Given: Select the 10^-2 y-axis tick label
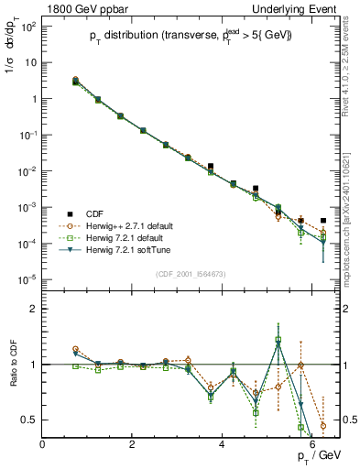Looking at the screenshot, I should pyautogui.click(x=27, y=171).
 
